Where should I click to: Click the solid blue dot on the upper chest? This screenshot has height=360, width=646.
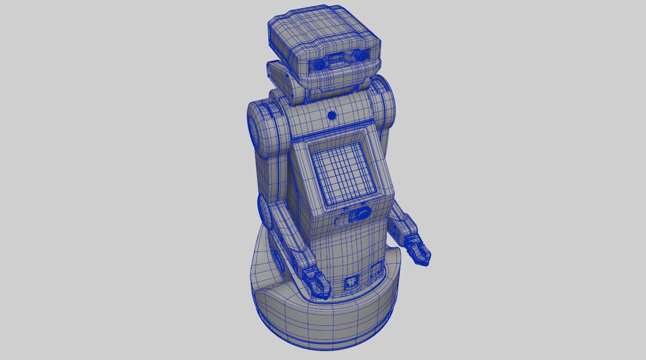(x=332, y=116)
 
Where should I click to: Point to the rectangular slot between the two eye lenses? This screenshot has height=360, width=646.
(x=338, y=61)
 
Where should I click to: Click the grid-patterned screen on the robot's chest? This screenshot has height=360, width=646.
(x=344, y=173)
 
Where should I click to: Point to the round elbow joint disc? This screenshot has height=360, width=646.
(x=266, y=212)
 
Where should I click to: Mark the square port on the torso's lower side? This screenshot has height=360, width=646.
(x=375, y=271)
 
